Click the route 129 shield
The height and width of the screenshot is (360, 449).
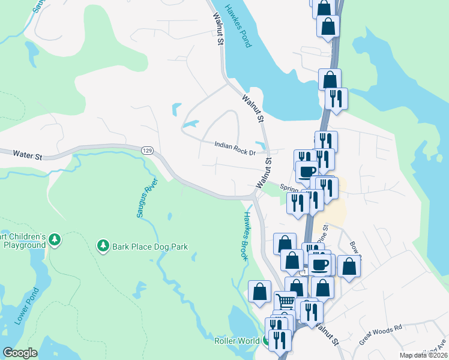click(x=146, y=150)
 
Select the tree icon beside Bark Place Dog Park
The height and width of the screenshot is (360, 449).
click(x=103, y=245)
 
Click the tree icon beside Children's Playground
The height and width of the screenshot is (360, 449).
click(x=55, y=240)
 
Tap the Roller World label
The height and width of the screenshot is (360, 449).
click(x=236, y=341)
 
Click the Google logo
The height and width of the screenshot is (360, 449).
click(x=20, y=353)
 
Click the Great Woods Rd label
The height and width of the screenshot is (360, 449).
click(x=381, y=335)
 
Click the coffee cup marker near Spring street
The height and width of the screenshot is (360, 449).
click(x=307, y=171)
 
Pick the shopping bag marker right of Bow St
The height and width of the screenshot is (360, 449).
click(x=349, y=265)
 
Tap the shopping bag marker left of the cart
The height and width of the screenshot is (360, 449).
click(x=259, y=291)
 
